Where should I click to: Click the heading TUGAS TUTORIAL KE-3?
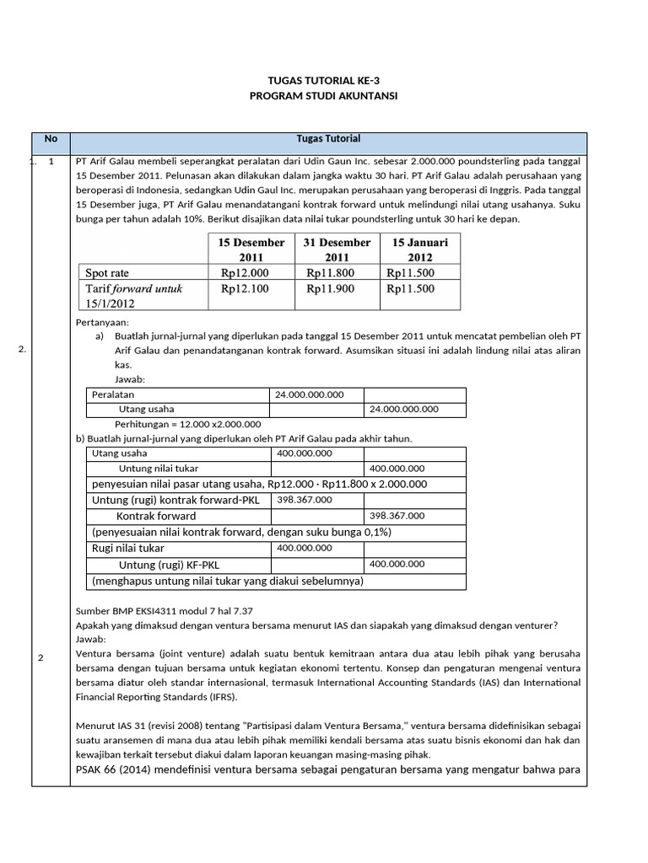pyautogui.click(x=324, y=81)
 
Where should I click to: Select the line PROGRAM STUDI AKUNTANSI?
pyautogui.click(x=324, y=96)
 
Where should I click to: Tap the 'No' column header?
pyautogui.click(x=51, y=139)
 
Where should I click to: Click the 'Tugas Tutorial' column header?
pyautogui.click(x=328, y=139)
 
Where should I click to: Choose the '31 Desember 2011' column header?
pyautogui.click(x=337, y=249)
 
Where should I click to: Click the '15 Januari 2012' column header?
pyautogui.click(x=420, y=249)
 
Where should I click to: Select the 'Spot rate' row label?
pyautogui.click(x=107, y=273)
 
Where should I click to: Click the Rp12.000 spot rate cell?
pyautogui.click(x=245, y=273)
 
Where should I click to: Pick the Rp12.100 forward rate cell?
pyautogui.click(x=245, y=288)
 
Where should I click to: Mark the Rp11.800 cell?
pyautogui.click(x=330, y=273)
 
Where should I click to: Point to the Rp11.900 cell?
pyautogui.click(x=330, y=288)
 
